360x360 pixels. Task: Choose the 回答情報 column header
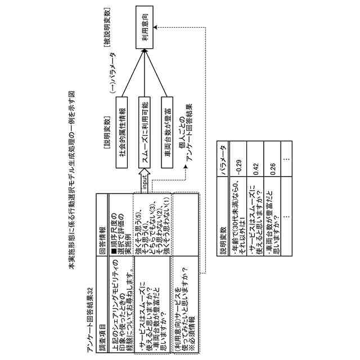click(x=103, y=234)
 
